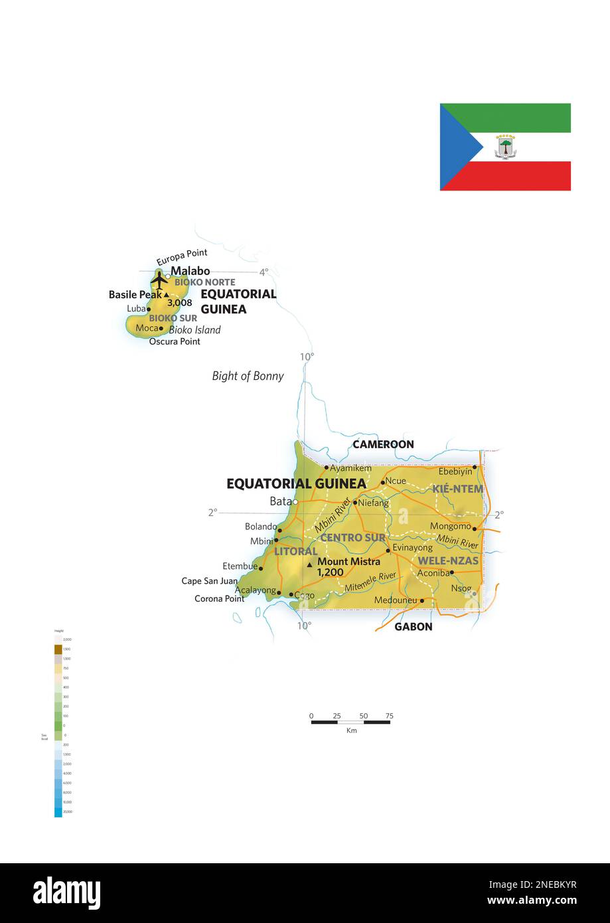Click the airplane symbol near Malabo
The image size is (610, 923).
click(159, 280)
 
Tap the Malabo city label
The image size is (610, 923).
click(191, 271)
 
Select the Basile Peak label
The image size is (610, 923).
click(135, 294)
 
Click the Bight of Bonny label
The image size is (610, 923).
click(248, 376)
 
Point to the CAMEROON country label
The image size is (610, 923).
click(383, 444)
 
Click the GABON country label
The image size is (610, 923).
click(413, 626)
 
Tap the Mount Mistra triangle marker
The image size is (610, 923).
click(309, 565)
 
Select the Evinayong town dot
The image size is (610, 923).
click(388, 550)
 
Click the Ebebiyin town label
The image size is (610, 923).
click(455, 471)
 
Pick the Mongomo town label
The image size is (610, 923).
click(450, 526)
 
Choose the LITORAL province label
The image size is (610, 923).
click(295, 551)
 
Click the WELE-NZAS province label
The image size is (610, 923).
click(448, 560)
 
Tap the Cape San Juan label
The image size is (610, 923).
click(209, 581)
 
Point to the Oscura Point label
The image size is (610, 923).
click(175, 341)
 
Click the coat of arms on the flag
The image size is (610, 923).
click(506, 147)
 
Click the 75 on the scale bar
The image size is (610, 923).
click(389, 716)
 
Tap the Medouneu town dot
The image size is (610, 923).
click(422, 600)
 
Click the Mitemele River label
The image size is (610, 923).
click(370, 582)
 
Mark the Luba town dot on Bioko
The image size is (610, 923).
click(149, 309)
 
